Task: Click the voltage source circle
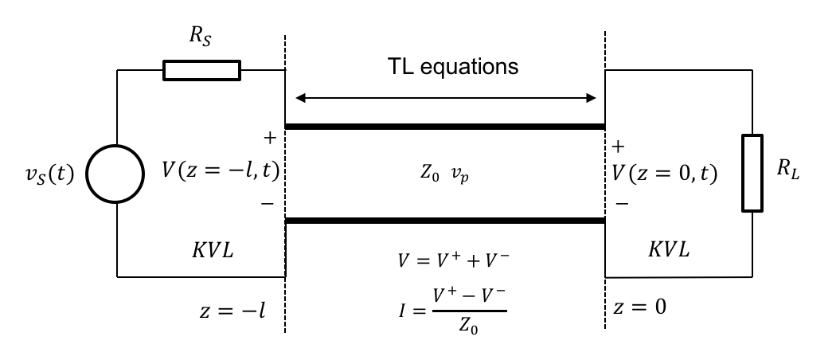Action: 117,174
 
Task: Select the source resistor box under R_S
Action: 201,70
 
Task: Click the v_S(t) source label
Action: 48,174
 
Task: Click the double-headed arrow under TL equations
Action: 446,98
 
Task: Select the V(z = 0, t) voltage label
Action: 665,173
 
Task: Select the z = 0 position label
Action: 640,305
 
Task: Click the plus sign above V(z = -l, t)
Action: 269,139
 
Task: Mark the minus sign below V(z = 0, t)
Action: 621,204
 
